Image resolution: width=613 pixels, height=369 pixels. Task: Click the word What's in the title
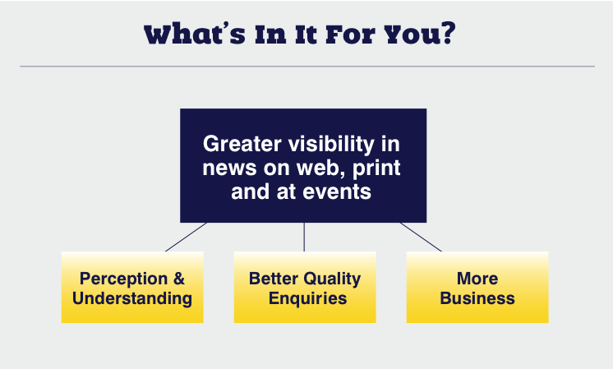point(195,35)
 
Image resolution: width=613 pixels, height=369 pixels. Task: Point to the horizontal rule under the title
point(307,67)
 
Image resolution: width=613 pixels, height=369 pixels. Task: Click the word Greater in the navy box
point(242,144)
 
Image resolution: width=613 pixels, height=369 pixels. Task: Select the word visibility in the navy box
point(331,145)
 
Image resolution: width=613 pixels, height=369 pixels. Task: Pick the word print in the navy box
point(376,168)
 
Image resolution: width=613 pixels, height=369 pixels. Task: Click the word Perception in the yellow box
point(123,279)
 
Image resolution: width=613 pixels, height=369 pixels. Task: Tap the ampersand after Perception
point(179,279)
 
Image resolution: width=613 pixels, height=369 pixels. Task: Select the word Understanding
point(132,298)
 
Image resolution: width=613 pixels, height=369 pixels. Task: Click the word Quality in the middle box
point(332,279)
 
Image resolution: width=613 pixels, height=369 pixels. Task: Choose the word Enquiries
point(307,298)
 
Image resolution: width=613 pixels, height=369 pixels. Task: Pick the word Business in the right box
point(477,298)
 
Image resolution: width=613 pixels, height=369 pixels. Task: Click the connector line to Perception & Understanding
point(186,237)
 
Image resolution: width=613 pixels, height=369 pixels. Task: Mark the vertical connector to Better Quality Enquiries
point(304,237)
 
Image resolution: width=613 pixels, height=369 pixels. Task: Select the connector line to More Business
point(421,237)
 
